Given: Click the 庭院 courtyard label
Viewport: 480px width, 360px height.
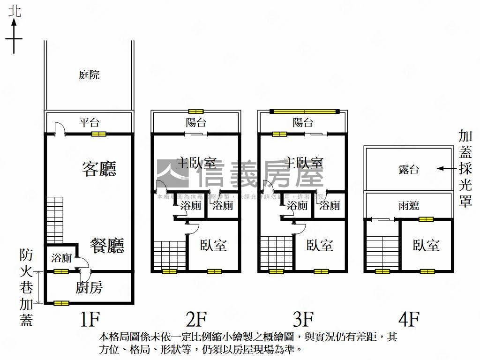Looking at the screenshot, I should click(89, 75).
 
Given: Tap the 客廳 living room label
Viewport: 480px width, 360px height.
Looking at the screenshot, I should click(99, 169).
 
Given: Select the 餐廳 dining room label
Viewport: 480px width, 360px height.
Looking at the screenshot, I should click(107, 245).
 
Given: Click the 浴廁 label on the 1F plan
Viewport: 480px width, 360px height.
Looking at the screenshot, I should click(61, 257).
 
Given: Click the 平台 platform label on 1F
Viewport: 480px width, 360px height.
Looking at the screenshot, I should click(89, 123).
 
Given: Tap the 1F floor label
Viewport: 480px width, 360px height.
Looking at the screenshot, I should click(90, 320).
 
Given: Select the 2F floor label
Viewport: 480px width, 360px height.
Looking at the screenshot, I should click(196, 320).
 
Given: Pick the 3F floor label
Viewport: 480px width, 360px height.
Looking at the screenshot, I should click(303, 320).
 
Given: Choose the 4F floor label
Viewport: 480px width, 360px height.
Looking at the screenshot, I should click(408, 320).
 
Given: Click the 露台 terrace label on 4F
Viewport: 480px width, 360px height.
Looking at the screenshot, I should click(409, 170).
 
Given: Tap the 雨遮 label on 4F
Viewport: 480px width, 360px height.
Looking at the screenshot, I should click(409, 205).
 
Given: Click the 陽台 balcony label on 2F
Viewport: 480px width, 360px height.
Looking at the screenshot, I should click(196, 123).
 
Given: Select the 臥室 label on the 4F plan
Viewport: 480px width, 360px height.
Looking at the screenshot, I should click(426, 245).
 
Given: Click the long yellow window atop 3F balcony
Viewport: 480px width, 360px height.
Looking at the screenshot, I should click(305, 111).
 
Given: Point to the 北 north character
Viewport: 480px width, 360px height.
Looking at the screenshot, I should click(15, 12).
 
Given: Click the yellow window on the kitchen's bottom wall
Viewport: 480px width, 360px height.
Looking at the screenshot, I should click(61, 303).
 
